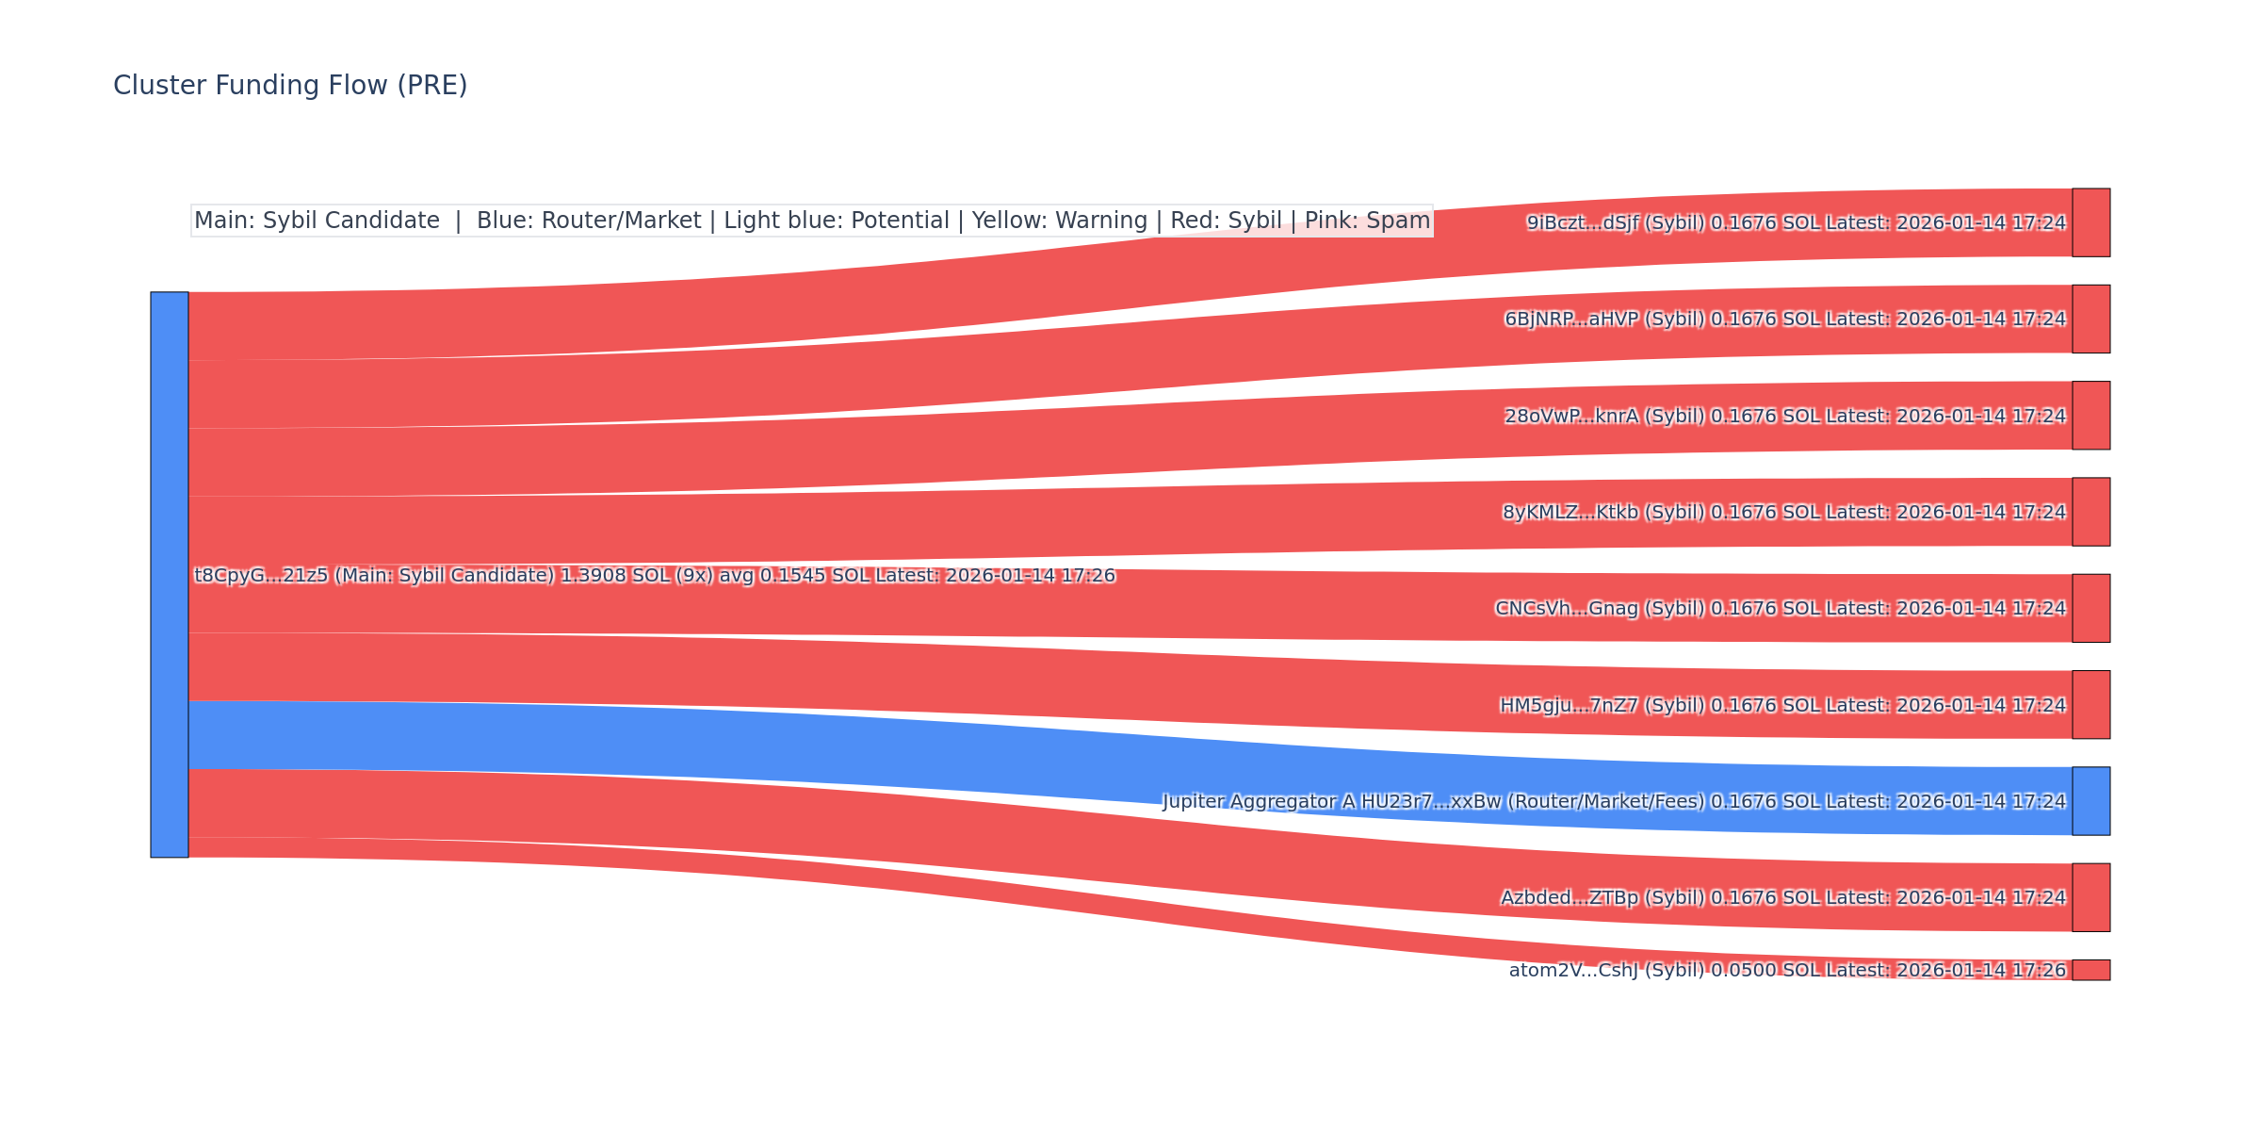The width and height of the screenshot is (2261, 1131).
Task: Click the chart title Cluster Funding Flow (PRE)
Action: [x=290, y=86]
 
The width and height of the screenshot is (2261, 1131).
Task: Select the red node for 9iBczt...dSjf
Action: [x=2090, y=222]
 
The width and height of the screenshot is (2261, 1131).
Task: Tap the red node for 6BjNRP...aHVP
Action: [x=2090, y=319]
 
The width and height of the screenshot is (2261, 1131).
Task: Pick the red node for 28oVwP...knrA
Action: [x=2090, y=416]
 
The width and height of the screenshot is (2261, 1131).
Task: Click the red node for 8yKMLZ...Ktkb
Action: [x=2090, y=512]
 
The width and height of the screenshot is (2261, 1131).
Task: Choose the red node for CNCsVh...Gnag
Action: [x=2090, y=608]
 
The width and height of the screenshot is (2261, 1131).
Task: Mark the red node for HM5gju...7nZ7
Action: [x=2090, y=705]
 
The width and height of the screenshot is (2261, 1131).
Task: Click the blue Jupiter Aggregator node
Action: [x=2090, y=801]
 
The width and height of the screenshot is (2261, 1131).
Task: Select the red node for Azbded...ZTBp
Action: [x=2090, y=897]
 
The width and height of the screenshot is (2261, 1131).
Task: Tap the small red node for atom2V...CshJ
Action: [x=2090, y=970]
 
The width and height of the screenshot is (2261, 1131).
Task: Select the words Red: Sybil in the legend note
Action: [x=1226, y=221]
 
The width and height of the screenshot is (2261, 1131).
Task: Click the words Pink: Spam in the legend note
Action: [x=1367, y=221]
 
